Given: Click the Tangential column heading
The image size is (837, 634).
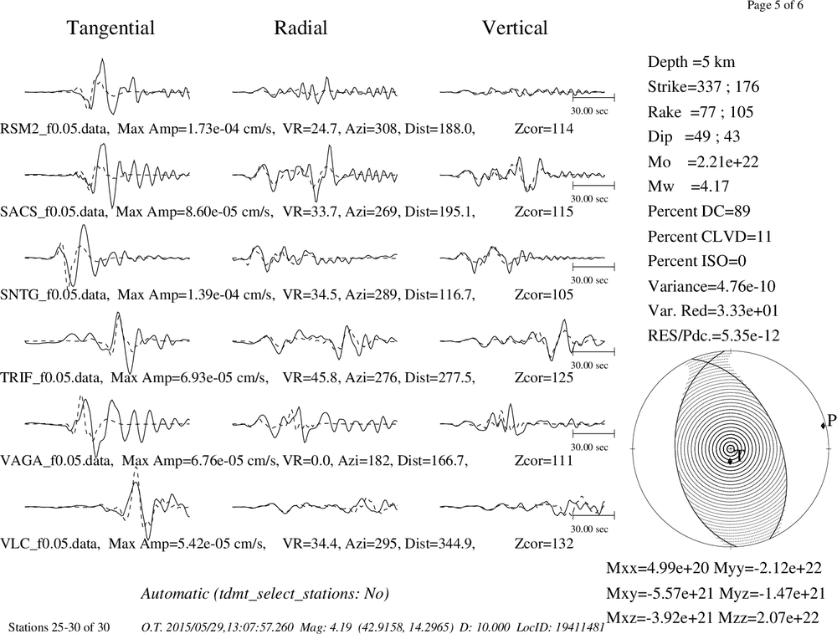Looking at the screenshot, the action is pyautogui.click(x=110, y=28).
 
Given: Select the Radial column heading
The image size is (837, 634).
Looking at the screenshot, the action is pyautogui.click(x=300, y=28).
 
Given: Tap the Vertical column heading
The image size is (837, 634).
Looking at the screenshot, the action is pyautogui.click(x=515, y=28).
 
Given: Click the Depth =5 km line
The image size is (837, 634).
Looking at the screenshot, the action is pyautogui.click(x=691, y=62).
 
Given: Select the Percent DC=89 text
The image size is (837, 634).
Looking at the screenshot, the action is pyautogui.click(x=699, y=211).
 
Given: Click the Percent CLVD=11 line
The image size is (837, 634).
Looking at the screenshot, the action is pyautogui.click(x=710, y=236).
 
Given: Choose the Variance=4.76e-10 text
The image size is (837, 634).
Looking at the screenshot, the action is pyautogui.click(x=711, y=286).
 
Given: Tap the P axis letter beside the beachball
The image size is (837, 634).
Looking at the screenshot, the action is pyautogui.click(x=832, y=421).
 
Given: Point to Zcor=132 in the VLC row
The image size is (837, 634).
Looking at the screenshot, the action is pyautogui.click(x=544, y=544).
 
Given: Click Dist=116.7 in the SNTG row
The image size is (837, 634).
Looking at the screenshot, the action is pyautogui.click(x=440, y=295).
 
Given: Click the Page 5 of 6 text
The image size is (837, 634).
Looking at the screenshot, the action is pyautogui.click(x=775, y=5).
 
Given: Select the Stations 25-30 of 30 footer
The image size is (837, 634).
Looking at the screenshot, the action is pyautogui.click(x=59, y=627).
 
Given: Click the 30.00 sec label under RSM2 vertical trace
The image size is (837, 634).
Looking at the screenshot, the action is pyautogui.click(x=589, y=111).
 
